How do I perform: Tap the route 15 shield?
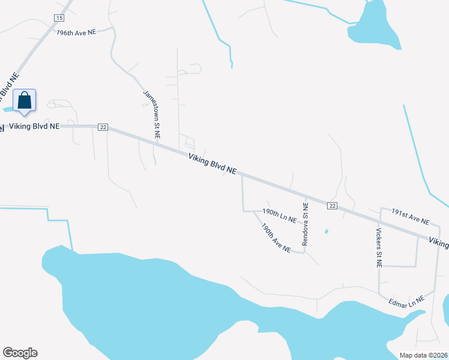(59, 18)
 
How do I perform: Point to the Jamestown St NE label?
(152, 114)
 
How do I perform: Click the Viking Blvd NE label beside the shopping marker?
(34, 127)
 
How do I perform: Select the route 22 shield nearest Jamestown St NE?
(103, 127)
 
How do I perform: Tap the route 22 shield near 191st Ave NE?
(332, 206)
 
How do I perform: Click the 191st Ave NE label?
(411, 217)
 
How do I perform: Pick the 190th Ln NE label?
(280, 216)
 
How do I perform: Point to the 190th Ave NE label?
(276, 238)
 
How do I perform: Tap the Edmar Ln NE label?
(406, 301)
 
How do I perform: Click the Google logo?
(20, 353)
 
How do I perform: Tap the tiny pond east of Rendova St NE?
(326, 232)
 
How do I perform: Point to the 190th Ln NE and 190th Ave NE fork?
(255, 211)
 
